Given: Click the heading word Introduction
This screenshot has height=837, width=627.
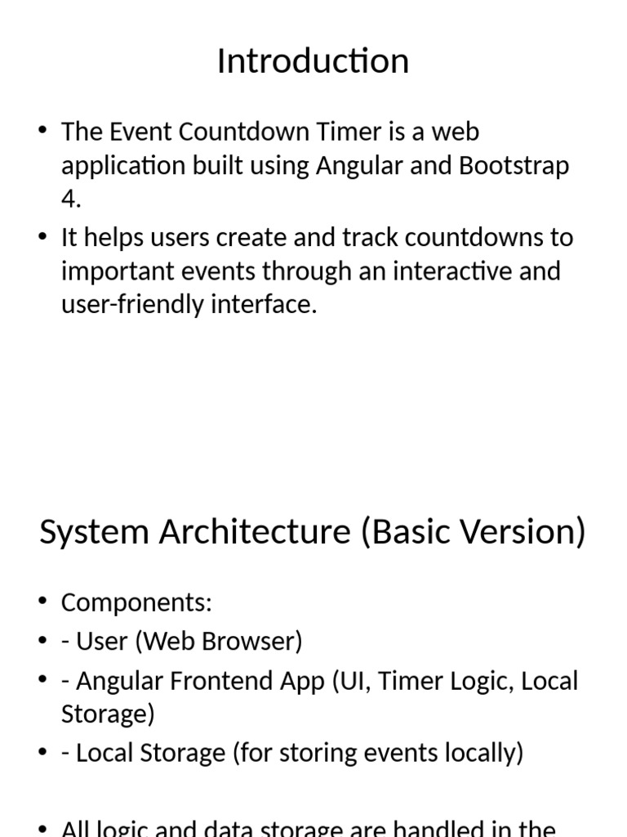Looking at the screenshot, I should pos(313,61).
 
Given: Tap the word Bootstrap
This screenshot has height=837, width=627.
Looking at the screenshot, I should pos(514,166).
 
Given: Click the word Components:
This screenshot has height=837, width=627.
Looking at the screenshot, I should pos(136,603).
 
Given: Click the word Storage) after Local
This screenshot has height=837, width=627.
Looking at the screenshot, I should pos(108,714).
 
